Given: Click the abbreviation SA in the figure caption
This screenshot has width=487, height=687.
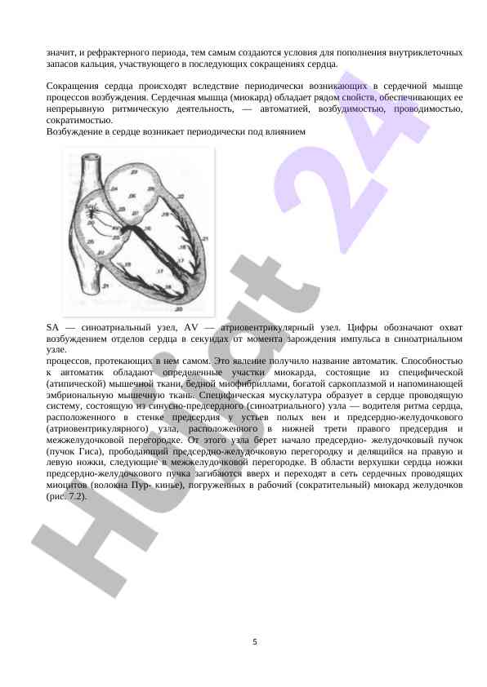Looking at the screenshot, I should [x=53, y=326].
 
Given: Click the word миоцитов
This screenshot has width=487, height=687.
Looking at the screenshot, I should [x=68, y=485].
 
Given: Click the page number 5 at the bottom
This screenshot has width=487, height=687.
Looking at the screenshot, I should [x=255, y=642].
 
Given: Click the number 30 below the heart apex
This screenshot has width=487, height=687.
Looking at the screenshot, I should [x=176, y=309].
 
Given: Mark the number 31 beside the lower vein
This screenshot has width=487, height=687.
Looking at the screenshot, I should [x=106, y=286].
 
